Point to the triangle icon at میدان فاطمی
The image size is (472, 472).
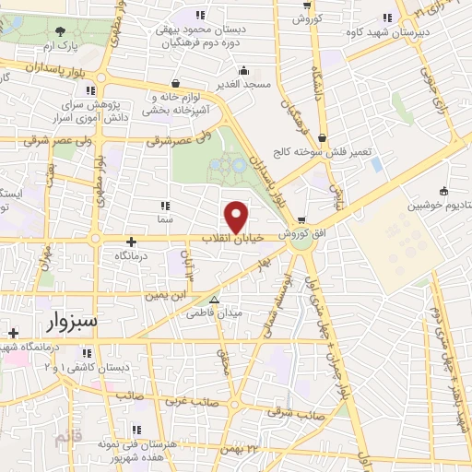coord(214,300)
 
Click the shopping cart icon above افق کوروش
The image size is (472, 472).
coord(301,218)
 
